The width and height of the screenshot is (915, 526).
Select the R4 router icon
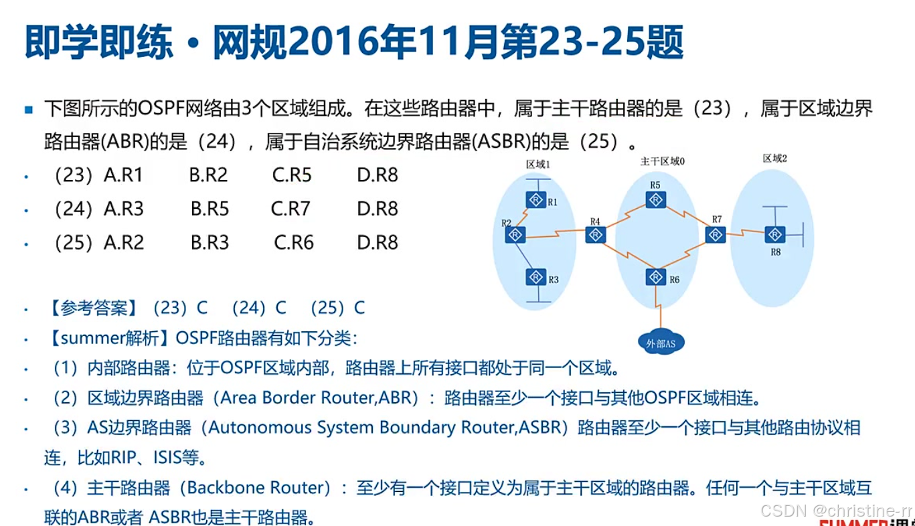pyautogui.click(x=595, y=235)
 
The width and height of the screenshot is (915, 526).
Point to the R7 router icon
pyautogui.click(x=716, y=235)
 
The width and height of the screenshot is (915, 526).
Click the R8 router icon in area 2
pyautogui.click(x=775, y=234)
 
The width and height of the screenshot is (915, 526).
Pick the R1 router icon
pyautogui.click(x=535, y=199)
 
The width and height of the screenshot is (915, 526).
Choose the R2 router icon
pyautogui.click(x=515, y=235)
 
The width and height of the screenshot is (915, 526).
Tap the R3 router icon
pyautogui.click(x=535, y=277)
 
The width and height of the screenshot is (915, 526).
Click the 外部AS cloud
pyautogui.click(x=661, y=342)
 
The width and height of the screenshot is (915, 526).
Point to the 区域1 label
pyautogui.click(x=538, y=165)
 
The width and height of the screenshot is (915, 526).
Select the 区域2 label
pyautogui.click(x=775, y=159)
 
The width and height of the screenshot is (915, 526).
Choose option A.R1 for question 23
pyautogui.click(x=123, y=175)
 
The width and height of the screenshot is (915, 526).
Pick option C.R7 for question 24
pyautogui.click(x=290, y=209)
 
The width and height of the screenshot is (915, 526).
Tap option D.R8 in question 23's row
pyautogui.click(x=378, y=175)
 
